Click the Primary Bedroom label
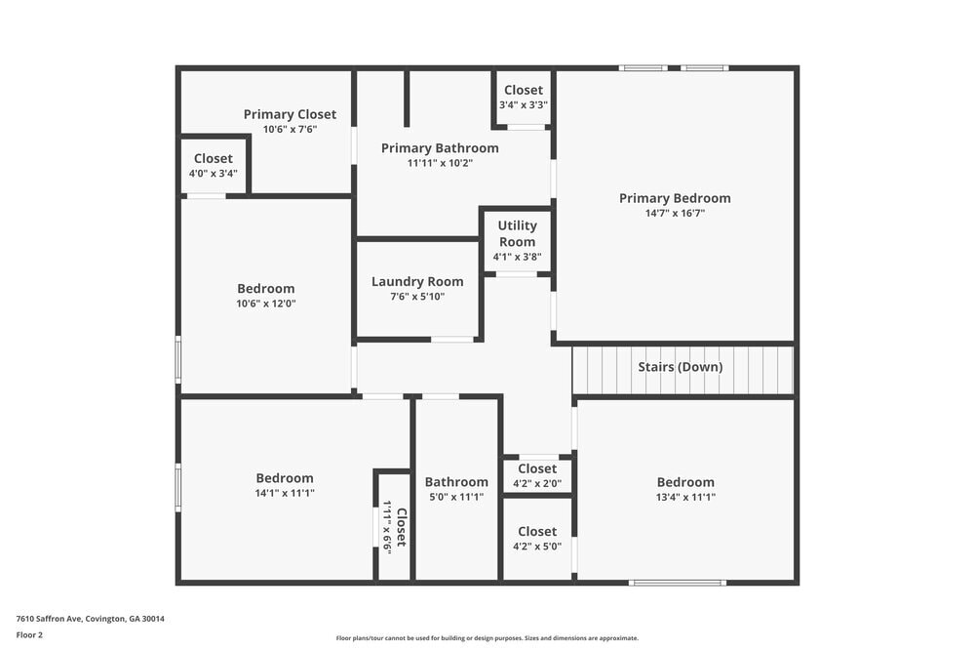pos(675,198)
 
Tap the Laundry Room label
pos(417,282)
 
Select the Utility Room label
pos(517,233)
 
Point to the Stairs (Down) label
pos(681,367)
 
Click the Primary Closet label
pos(290,114)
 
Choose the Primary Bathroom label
pos(440,148)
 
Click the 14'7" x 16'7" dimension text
pos(675,213)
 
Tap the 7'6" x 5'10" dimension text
pos(417,297)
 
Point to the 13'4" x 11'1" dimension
pos(685,497)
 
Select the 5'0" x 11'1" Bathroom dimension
pos(456,497)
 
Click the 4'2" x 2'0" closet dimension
pos(537,483)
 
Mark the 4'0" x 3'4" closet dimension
pos(214,174)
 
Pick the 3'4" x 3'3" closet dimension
pos(524,104)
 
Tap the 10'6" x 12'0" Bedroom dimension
pos(266,304)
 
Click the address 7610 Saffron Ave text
pos(91,619)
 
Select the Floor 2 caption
pos(30,634)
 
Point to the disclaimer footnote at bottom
pos(487,638)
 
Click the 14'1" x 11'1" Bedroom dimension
pos(285,493)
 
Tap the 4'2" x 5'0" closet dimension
pos(537,547)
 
